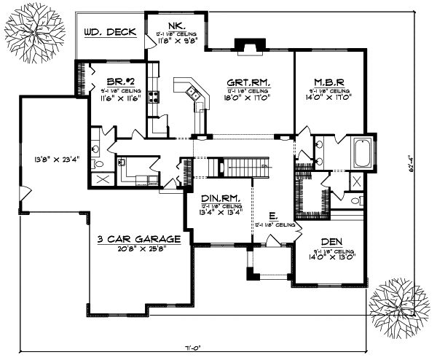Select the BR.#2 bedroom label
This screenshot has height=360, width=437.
pyautogui.click(x=118, y=82)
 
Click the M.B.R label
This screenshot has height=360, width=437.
pyautogui.click(x=329, y=82)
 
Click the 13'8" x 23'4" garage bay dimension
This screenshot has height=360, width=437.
pyautogui.click(x=46, y=156)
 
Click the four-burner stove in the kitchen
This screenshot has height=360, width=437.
pyautogui.click(x=154, y=96)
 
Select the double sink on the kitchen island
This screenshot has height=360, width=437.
pyautogui.click(x=193, y=92)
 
